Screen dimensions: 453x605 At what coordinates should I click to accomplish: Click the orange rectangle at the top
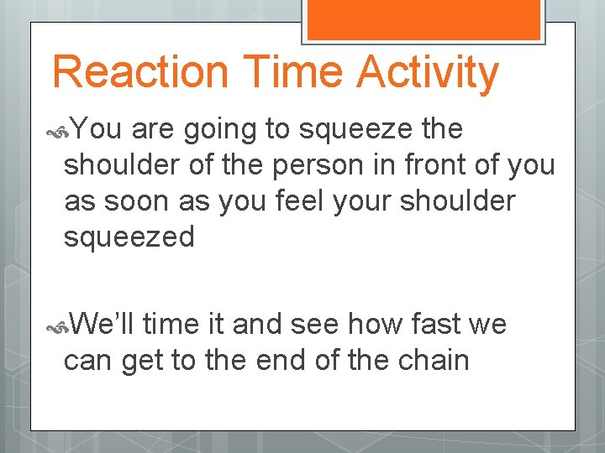pos(422,18)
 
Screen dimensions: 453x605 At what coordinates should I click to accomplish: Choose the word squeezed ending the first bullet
pos(129,239)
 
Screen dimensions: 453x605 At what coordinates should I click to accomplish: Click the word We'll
pos(104,323)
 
